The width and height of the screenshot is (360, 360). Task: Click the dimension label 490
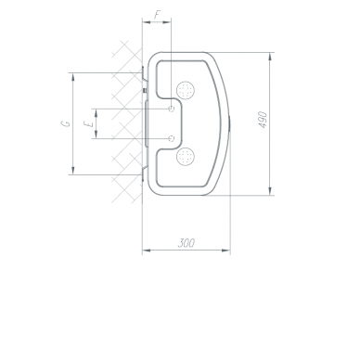click(x=263, y=120)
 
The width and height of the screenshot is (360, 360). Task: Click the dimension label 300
click(x=186, y=243)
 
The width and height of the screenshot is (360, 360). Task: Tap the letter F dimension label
click(x=158, y=16)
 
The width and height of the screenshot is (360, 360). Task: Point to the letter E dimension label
click(x=89, y=124)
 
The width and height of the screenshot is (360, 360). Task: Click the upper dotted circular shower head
click(x=186, y=91)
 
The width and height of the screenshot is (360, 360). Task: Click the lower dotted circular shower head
click(x=186, y=156)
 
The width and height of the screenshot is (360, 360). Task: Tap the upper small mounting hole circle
click(x=172, y=109)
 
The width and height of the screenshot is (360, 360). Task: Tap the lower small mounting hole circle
click(x=172, y=138)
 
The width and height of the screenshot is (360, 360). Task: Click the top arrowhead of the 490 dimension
click(x=270, y=57)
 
